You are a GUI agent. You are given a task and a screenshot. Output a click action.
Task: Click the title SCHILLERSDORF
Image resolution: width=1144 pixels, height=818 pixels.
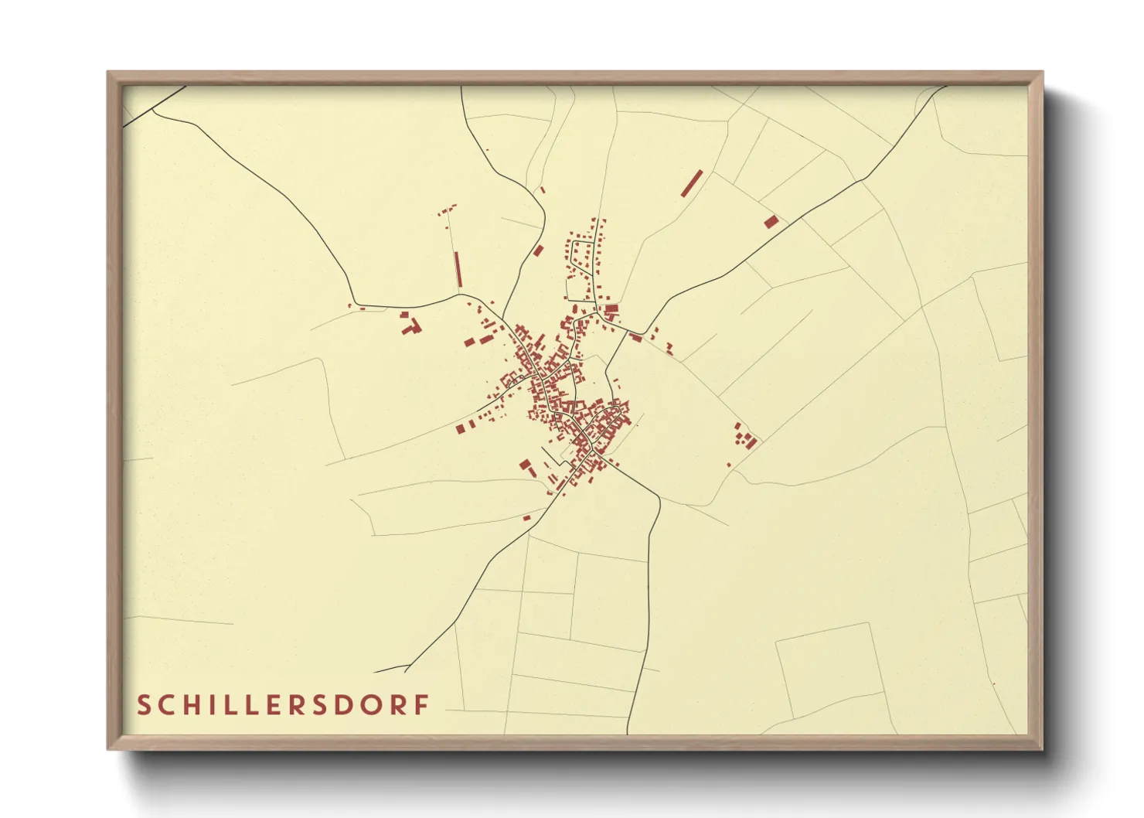(x=283, y=705)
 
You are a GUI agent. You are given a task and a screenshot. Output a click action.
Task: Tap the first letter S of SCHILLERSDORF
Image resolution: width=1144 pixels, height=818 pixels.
(x=144, y=705)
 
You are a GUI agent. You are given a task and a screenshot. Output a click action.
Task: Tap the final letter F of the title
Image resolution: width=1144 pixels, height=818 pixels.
(x=422, y=705)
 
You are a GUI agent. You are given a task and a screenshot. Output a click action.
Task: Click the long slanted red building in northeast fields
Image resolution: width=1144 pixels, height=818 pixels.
(x=692, y=182)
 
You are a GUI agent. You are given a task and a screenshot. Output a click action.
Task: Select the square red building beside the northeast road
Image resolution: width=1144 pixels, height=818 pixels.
(x=771, y=222)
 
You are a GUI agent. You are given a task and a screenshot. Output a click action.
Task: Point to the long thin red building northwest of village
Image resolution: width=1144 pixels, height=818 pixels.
(x=458, y=270)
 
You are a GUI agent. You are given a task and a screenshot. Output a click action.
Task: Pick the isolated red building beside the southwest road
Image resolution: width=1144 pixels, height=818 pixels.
(x=527, y=517)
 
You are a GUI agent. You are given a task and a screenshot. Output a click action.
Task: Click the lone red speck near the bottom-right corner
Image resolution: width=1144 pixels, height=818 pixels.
(x=994, y=683)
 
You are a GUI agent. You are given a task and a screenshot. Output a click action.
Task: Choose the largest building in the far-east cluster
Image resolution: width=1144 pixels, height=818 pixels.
(x=750, y=444)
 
